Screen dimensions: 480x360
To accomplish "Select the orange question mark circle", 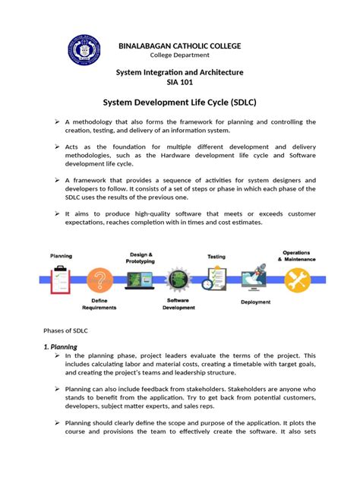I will (101, 279).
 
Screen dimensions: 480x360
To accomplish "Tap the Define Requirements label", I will (101, 305).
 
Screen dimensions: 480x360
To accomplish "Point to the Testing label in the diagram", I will (216, 257).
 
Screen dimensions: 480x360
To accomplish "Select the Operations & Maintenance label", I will (296, 255).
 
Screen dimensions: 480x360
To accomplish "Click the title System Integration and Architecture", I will (179, 71).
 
